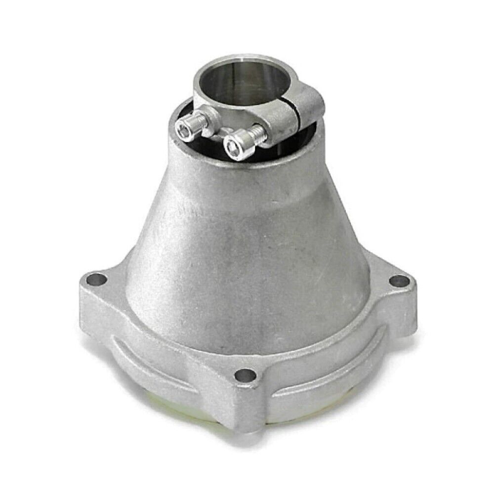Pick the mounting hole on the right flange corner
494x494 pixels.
tap(399, 281)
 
